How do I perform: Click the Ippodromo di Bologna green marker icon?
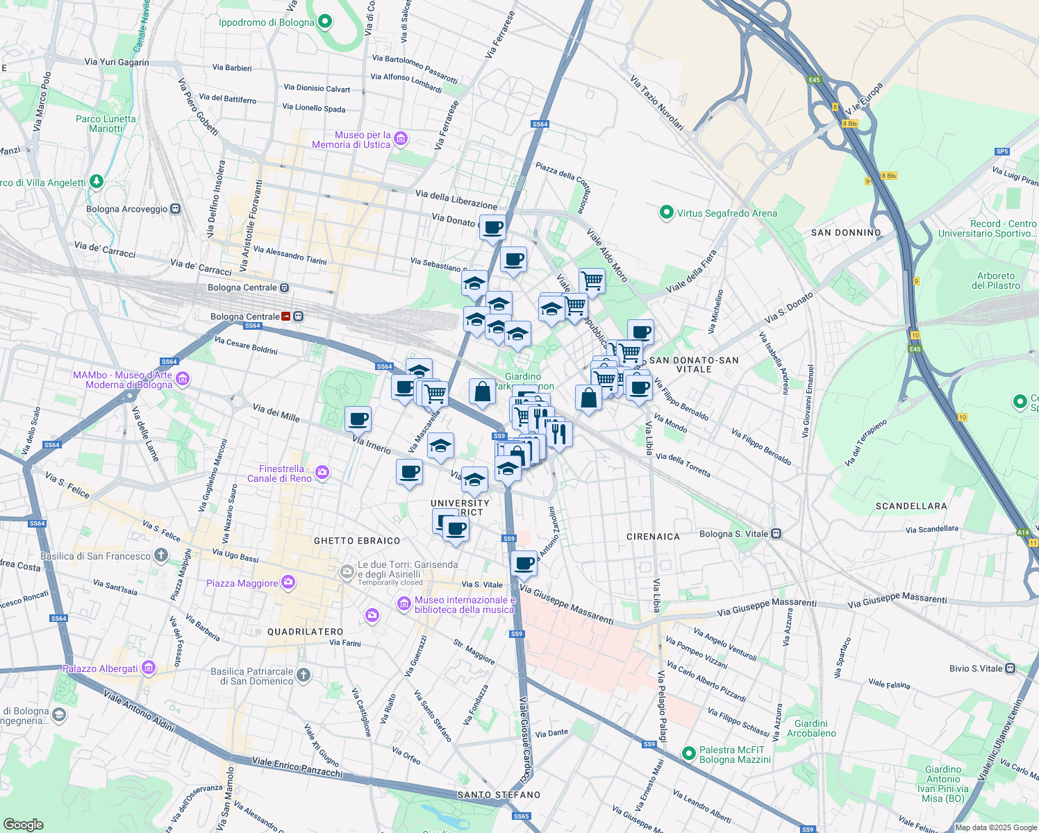point(325,22)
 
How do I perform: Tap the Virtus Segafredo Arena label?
point(726,213)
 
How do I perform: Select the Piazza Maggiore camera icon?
point(288,583)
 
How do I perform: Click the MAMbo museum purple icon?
point(183,379)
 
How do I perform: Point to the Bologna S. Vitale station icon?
point(776,534)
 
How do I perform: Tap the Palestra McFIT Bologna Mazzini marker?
point(688,754)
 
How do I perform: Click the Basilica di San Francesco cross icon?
point(161,555)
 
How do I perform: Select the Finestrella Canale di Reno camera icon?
point(322,473)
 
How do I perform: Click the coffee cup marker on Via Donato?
point(492,228)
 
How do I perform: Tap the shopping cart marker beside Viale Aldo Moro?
point(592,280)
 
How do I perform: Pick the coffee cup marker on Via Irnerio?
point(358,419)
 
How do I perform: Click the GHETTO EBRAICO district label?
point(357,541)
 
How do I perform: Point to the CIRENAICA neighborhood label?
point(653,537)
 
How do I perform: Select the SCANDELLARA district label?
point(911,506)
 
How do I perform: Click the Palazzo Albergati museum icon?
point(148,668)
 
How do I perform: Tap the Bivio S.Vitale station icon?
point(1011,668)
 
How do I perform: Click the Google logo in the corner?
point(24,824)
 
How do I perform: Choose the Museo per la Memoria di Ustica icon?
point(401,140)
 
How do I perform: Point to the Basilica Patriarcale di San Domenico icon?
point(304,675)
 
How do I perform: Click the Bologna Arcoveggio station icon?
point(175,209)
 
